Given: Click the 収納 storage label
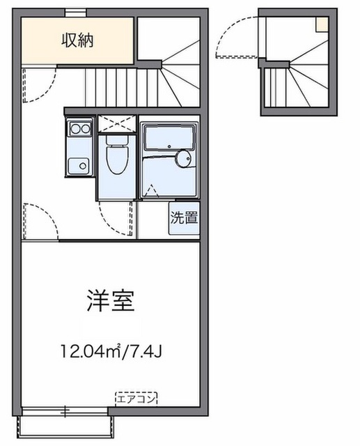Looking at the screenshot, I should point(76,40).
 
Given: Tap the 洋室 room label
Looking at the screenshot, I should point(110,300).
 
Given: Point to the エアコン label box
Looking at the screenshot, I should point(136,399).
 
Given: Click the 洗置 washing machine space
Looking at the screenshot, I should point(185,217).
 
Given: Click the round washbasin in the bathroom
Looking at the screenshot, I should point(184,160).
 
